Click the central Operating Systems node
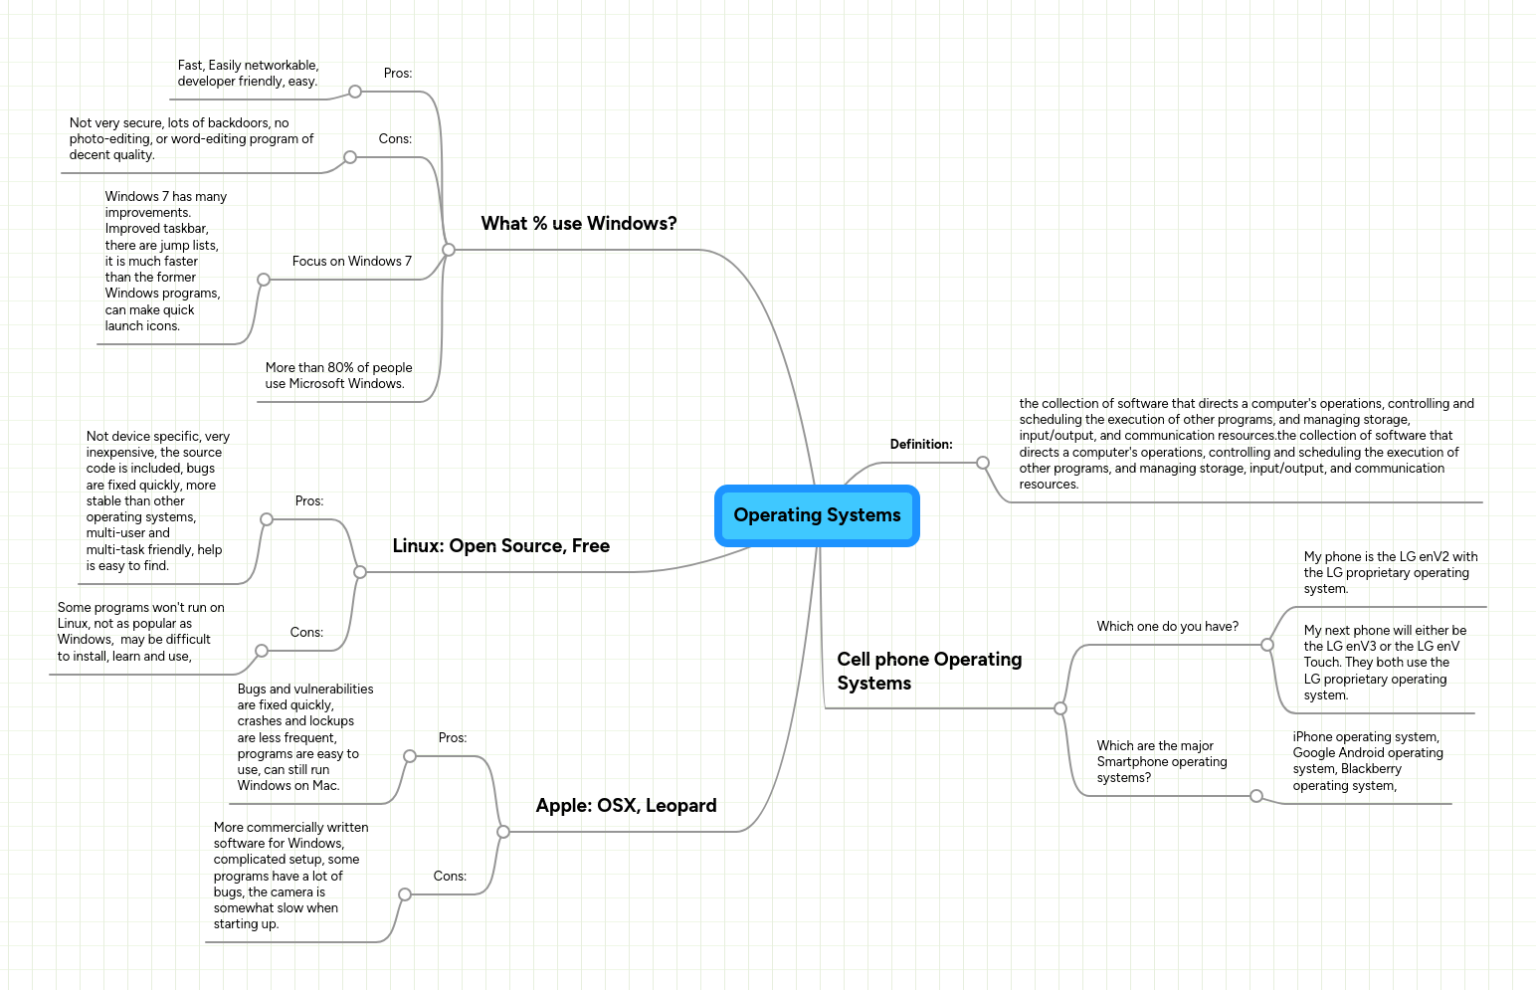pos(817,515)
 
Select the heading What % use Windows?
pos(578,224)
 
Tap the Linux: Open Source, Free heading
pos(500,546)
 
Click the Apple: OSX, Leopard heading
pos(626,806)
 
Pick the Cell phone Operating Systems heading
pos(928,672)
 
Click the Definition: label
pos(920,445)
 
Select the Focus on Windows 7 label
pos(351,262)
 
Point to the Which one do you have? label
pos(1167,627)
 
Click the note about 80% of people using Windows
pos(338,376)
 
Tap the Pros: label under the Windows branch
pos(398,74)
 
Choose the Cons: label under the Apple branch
pos(450,877)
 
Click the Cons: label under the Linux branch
pos(306,633)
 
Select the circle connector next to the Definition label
pos(983,463)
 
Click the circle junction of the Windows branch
pos(449,250)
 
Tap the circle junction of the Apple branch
pos(503,832)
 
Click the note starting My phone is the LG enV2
pos(1390,573)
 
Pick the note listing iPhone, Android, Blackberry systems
pos(1367,761)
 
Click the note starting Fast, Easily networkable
pos(248,74)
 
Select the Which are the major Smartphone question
pos(1161,762)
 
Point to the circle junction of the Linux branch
pos(360,572)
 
